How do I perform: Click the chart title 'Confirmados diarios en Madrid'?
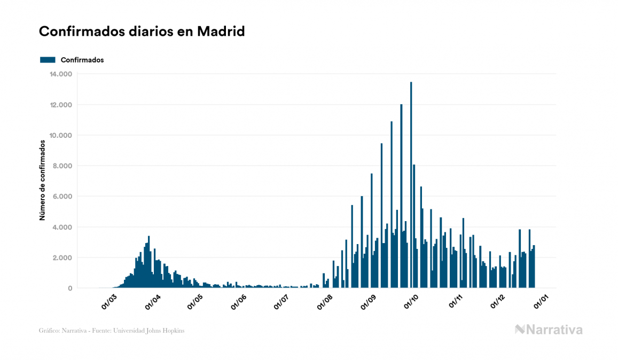[x=142, y=32]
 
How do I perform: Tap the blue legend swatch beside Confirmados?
[x=48, y=60]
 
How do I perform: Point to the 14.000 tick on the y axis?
[x=60, y=74]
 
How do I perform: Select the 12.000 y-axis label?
[x=60, y=105]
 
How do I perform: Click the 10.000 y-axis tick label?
[x=60, y=135]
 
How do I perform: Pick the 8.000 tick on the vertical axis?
[x=62, y=166]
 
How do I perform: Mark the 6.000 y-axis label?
[x=62, y=197]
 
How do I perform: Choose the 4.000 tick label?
[x=62, y=228]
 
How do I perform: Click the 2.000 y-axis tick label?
[x=62, y=258]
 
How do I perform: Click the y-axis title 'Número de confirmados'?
[x=42, y=181]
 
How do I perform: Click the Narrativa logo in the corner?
[x=549, y=330]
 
